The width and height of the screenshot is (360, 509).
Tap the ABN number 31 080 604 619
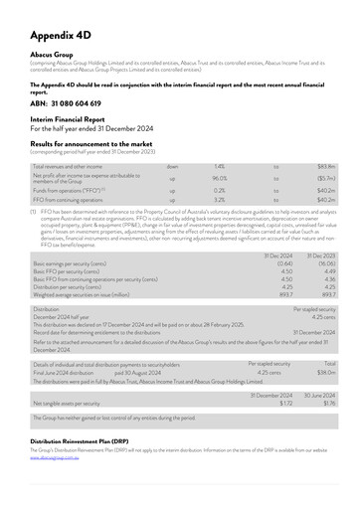72,102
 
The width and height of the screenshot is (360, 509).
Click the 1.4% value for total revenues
219,167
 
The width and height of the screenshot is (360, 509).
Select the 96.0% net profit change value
219,180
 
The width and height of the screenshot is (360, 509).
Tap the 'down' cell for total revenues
172,167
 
